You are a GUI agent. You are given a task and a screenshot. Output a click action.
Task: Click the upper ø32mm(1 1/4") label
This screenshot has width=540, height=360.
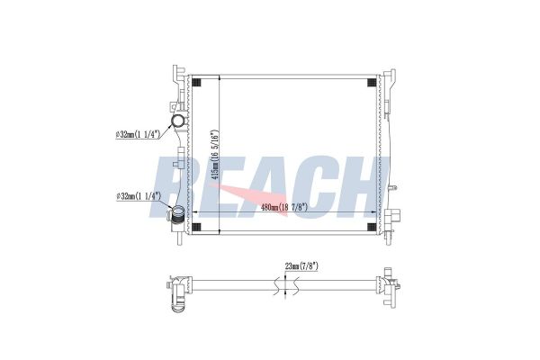(139, 134)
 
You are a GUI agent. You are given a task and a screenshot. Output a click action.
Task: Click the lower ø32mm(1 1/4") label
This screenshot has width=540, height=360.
(139, 196)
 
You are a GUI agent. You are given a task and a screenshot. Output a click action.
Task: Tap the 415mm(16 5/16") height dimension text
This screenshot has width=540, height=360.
(215, 155)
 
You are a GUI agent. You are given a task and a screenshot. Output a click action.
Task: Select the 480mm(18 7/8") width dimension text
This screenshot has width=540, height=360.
(284, 207)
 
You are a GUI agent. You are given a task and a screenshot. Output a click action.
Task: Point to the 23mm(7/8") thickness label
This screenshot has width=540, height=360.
(301, 266)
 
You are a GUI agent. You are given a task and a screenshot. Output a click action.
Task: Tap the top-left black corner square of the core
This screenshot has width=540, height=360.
(196, 83)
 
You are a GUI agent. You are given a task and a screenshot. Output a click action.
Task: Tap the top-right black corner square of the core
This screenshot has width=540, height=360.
(372, 83)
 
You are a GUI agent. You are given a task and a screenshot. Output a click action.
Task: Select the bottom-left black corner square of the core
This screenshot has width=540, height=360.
(196, 227)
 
